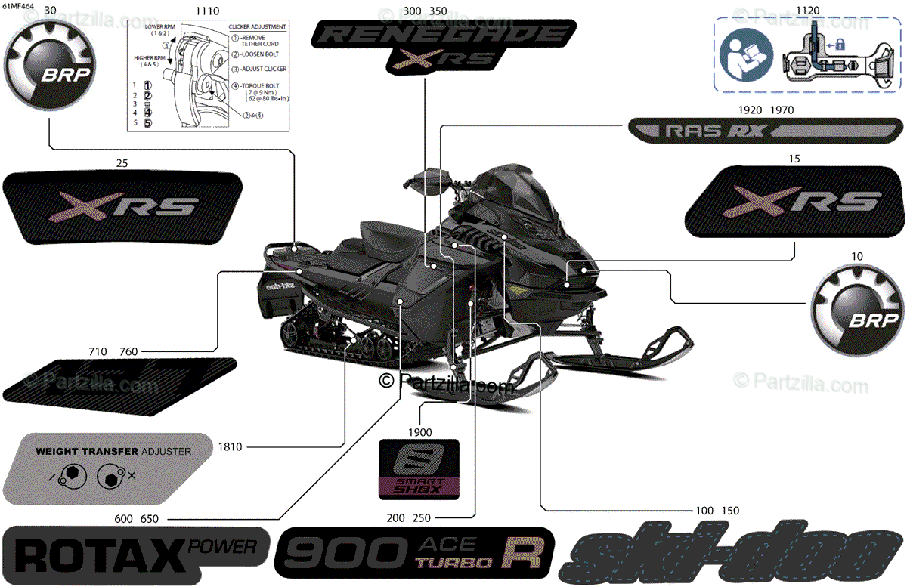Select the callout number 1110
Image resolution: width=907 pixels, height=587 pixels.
(x=207, y=11)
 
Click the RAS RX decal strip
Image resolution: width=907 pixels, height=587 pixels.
(x=764, y=130)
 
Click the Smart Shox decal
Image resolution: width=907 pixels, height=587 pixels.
(x=419, y=469)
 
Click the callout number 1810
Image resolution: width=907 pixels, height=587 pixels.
(x=230, y=447)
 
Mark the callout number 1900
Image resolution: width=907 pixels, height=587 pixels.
(x=419, y=432)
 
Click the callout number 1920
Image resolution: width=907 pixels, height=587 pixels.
(x=750, y=110)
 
